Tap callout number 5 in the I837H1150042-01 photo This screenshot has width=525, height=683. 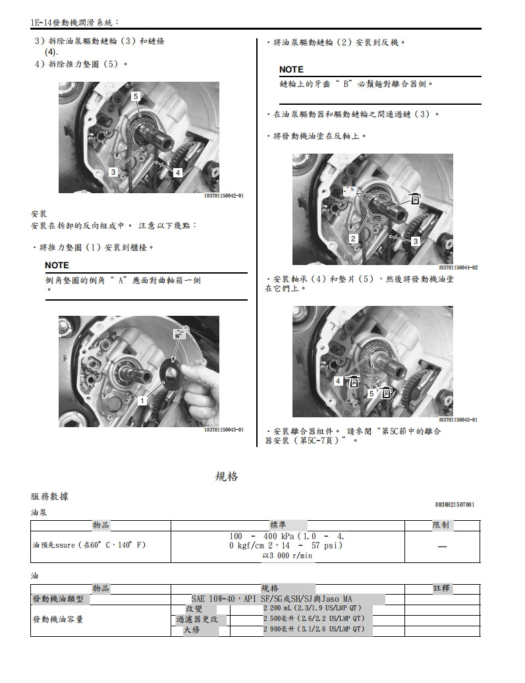136,97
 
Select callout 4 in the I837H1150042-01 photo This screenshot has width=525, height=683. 177,172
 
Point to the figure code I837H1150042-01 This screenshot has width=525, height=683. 224,196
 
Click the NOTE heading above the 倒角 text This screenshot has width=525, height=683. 57,265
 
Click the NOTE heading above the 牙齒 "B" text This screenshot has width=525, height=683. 291,69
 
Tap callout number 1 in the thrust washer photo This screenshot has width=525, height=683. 142,400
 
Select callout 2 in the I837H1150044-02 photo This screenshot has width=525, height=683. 353,238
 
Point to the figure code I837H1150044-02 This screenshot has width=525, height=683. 458,267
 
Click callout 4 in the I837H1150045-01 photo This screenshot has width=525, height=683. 338,381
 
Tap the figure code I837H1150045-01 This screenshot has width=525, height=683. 458,420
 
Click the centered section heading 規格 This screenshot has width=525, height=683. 227,476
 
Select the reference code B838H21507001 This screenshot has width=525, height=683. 455,505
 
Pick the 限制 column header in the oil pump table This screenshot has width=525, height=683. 441,525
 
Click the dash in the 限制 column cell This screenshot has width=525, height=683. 441,547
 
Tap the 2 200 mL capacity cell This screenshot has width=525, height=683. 312,609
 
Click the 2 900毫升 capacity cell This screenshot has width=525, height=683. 314,630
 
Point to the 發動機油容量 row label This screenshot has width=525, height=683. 58,619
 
